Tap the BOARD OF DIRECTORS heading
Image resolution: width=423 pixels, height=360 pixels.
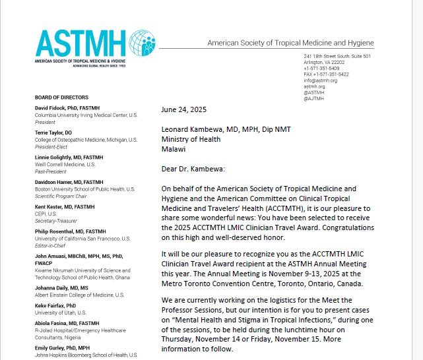coord(60,97)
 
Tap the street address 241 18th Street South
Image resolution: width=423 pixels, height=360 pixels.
coord(337,56)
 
